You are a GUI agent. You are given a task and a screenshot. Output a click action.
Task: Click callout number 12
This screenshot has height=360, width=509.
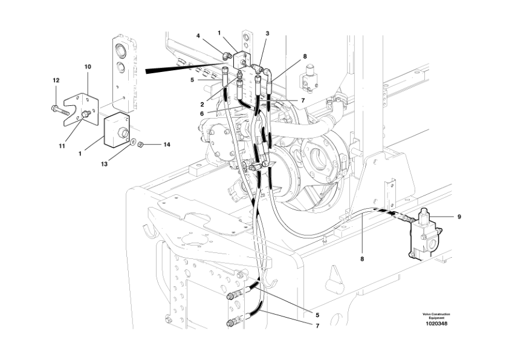pyautogui.click(x=56, y=80)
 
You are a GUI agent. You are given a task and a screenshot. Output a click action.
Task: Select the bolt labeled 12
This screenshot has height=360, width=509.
pyautogui.click(x=59, y=110)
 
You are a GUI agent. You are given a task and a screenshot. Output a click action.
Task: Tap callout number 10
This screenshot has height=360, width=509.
pyautogui.click(x=88, y=67)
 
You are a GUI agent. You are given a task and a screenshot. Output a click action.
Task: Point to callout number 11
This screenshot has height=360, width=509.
pyautogui.click(x=62, y=146)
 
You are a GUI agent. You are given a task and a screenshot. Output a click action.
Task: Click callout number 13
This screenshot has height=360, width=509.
pyautogui.click(x=104, y=164)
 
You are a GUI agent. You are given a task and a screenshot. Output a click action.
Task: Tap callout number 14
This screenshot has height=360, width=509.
pyautogui.click(x=166, y=145)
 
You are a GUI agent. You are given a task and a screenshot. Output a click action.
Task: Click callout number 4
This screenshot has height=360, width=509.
pyautogui.click(x=198, y=36)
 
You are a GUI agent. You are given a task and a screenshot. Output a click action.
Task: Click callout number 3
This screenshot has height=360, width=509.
pyautogui.click(x=267, y=33)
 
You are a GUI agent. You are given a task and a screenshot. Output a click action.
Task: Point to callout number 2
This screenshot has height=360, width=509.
pyautogui.click(x=202, y=105)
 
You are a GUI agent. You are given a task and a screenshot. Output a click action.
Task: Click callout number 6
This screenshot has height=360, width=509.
pyautogui.click(x=201, y=114)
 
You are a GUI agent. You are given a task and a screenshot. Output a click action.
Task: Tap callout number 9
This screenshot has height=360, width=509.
pyautogui.click(x=459, y=217)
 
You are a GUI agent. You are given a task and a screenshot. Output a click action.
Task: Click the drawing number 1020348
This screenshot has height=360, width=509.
pyautogui.click(x=436, y=324)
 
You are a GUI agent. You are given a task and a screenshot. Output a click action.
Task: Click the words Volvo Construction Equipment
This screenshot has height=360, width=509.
pyautogui.click(x=436, y=316)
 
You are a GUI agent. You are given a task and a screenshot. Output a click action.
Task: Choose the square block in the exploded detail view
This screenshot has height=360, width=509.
pyautogui.click(x=117, y=130)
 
